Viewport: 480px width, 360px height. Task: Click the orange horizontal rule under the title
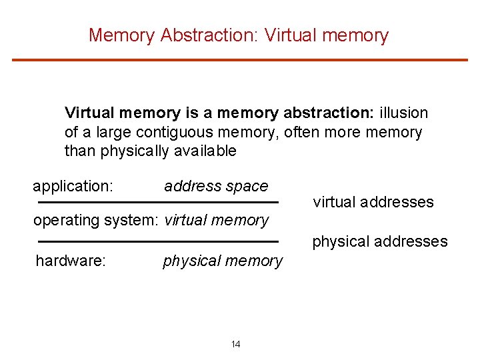[240, 60]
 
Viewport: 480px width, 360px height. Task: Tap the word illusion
[403, 113]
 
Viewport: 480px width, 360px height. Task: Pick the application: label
[73, 186]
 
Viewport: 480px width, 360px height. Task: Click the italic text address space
[216, 186]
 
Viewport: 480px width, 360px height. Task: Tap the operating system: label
[96, 220]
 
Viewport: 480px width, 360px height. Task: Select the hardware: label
[71, 261]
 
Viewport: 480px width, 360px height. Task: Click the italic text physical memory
[223, 261]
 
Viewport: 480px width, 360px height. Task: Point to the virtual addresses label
[373, 202]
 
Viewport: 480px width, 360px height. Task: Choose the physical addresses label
[380, 241]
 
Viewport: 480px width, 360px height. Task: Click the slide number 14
[236, 345]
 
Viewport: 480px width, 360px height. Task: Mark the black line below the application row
[157, 202]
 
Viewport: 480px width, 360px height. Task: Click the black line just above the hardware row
[157, 241]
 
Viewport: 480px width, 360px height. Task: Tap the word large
[107, 133]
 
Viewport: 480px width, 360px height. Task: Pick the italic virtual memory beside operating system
[216, 220]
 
